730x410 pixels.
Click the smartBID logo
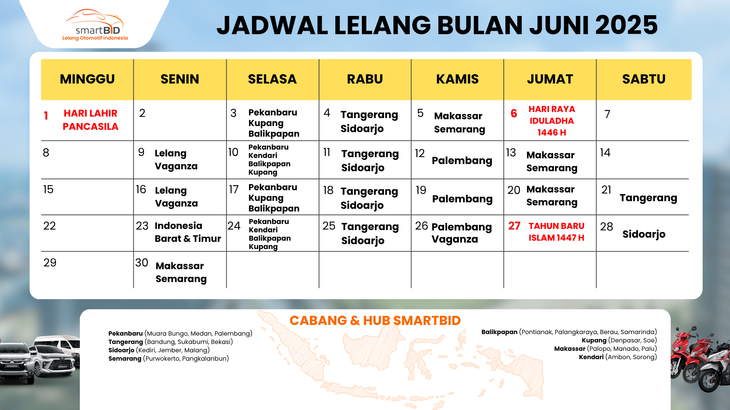pos(95,25)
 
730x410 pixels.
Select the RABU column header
pos(365,79)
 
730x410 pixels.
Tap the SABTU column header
pos(644,79)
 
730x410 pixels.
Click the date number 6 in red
pos(514,113)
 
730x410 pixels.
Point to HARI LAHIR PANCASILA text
pos(90,120)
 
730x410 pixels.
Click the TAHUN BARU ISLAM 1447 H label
pos(556,232)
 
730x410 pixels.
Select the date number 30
pos(141,262)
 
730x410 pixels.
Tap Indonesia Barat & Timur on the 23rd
pos(188,232)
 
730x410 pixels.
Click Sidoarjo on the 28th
pos(644,234)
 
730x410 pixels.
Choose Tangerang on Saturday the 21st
pos(648,198)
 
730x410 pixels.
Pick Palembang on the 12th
pos(462,161)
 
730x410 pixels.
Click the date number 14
pos(605,153)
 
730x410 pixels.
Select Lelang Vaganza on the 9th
pos(176,159)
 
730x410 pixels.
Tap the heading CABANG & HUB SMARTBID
pos(375,320)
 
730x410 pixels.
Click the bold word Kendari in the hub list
pos(591,357)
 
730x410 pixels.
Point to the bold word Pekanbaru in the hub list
pos(125,333)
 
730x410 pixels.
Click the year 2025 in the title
pos(626,25)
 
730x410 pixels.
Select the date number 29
pos(50,262)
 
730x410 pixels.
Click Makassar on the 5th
pos(458,116)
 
